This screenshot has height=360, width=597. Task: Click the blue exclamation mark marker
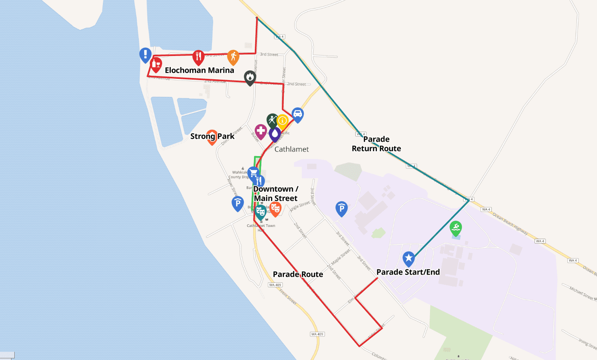tap(145, 54)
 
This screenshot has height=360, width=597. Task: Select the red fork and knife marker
tap(198, 57)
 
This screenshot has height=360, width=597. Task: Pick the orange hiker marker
tap(233, 57)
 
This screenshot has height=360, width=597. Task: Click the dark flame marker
tap(250, 77)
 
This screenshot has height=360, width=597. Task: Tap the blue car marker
tap(297, 114)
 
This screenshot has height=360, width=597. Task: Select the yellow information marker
tap(282, 121)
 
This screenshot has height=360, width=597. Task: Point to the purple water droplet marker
tap(275, 134)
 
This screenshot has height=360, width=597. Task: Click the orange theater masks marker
tap(275, 209)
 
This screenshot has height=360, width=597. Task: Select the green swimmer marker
tap(456, 228)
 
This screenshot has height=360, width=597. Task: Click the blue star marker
tap(409, 258)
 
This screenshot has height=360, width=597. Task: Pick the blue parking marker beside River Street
tap(238, 203)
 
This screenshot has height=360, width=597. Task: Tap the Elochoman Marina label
tap(199, 70)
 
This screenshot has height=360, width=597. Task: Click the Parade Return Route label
tap(376, 144)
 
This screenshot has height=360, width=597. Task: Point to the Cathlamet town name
tap(292, 149)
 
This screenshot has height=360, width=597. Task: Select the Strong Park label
tap(212, 136)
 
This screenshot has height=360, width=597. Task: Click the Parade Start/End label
tap(408, 272)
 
